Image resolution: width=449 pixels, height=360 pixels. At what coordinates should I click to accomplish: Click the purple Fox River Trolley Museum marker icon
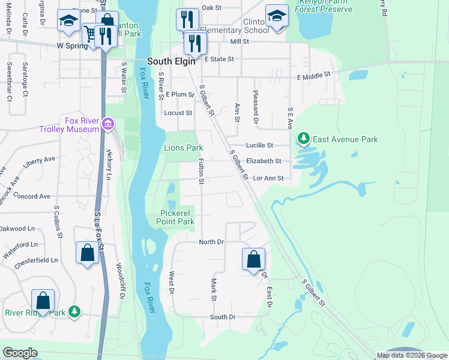point(108,124)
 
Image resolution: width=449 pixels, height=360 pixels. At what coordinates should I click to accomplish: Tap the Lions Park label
point(184,148)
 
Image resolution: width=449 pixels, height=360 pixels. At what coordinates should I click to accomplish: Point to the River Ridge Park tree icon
point(74,312)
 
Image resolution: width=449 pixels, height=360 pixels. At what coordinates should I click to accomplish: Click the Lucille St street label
point(260,145)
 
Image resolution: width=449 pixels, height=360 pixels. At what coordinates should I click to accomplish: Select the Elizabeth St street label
point(264,161)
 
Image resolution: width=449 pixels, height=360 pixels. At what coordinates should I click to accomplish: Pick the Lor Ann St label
point(268,178)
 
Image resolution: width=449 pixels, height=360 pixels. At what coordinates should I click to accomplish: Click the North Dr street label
point(211,241)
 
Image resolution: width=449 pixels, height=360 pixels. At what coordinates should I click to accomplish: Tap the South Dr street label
point(223,317)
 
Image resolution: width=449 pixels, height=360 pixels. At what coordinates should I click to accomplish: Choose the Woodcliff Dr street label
point(120,277)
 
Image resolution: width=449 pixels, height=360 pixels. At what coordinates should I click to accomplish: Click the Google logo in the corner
point(20,353)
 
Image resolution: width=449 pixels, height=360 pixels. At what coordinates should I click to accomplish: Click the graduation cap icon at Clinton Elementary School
point(277,16)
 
